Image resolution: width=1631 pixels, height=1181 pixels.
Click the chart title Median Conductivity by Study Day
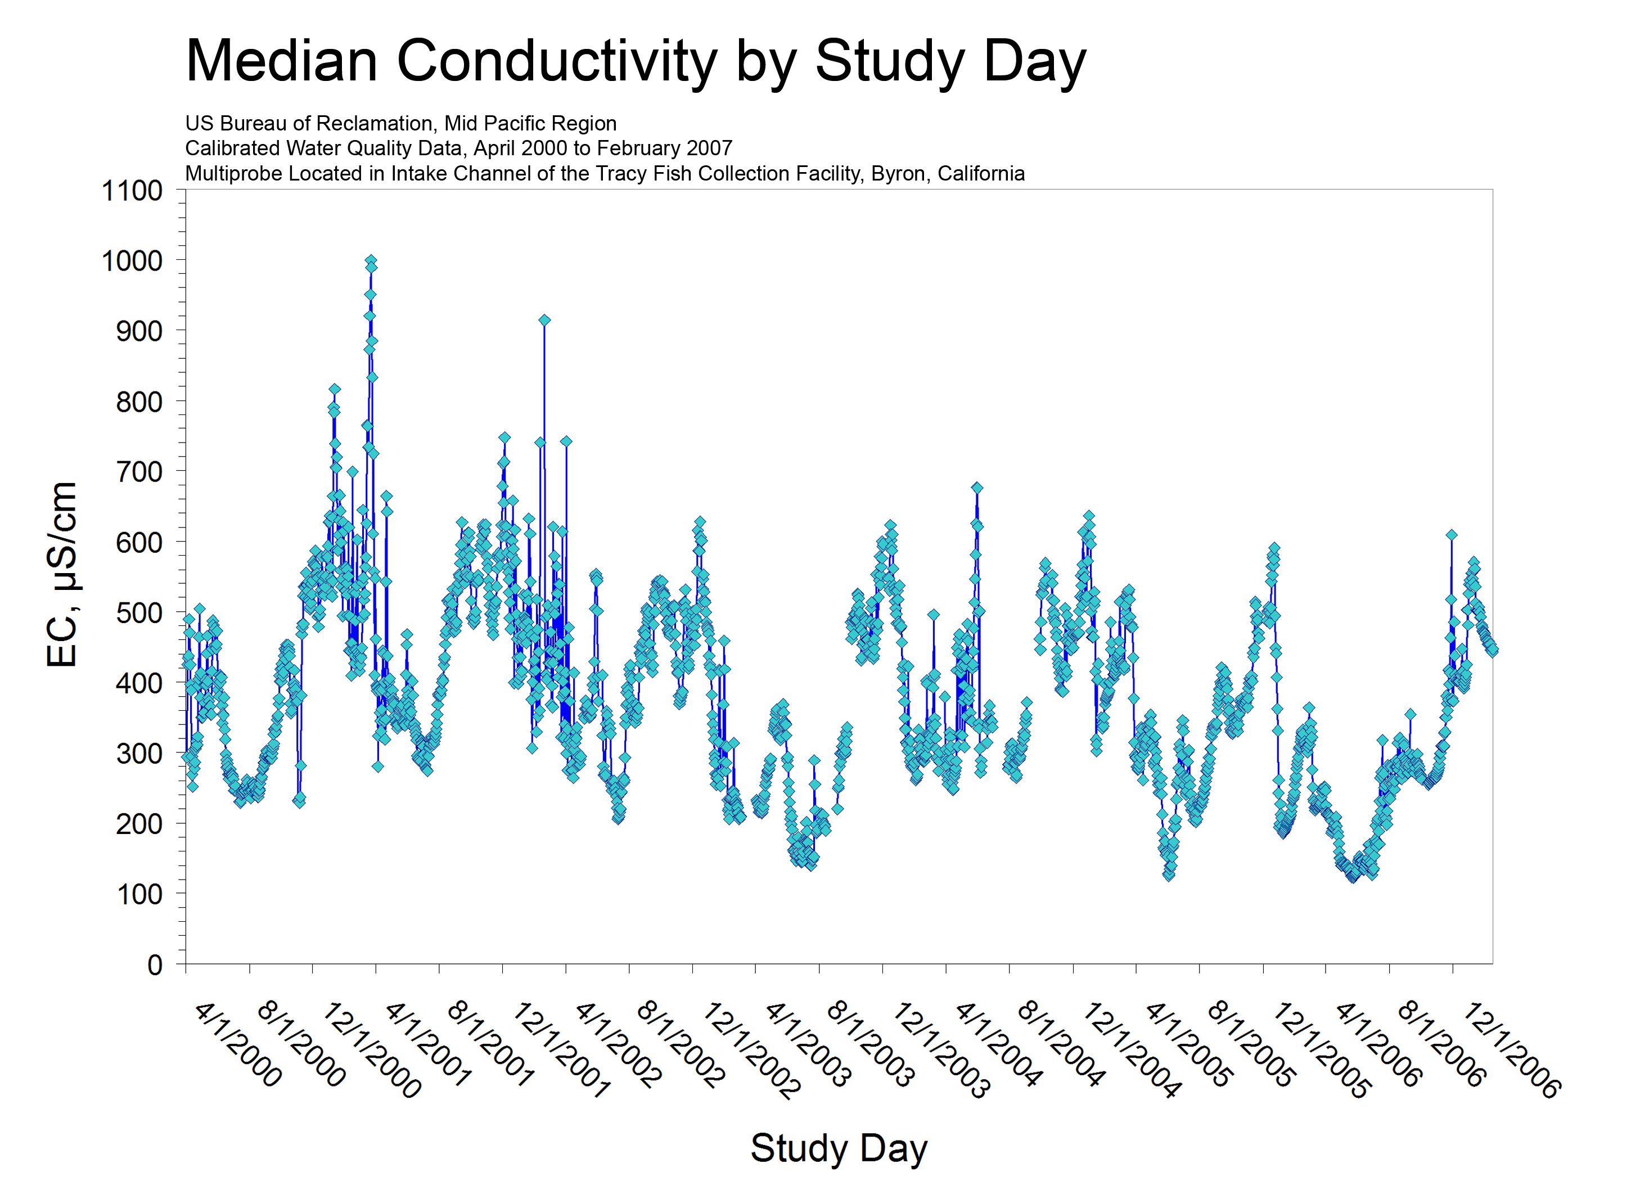coord(636,61)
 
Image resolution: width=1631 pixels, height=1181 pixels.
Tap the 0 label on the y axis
coord(155,964)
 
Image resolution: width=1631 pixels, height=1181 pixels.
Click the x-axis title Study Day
coord(839,1147)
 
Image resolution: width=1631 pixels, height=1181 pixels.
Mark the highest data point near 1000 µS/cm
coord(371,261)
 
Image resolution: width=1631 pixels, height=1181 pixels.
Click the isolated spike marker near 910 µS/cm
coord(544,321)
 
